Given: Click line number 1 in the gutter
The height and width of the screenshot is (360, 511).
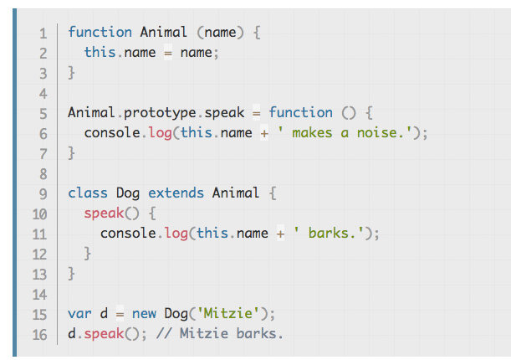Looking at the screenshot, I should click(x=42, y=33).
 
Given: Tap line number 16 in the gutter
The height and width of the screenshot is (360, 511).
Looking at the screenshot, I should click(x=39, y=335).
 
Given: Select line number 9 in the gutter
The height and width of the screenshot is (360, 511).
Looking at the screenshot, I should click(x=42, y=194).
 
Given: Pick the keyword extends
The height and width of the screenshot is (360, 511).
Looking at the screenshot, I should click(x=176, y=193).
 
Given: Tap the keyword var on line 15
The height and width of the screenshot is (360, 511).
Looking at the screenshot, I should click(x=79, y=314).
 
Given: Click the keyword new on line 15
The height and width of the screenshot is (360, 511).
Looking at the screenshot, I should click(x=144, y=314).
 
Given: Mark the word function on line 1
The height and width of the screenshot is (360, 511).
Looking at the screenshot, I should click(x=100, y=33).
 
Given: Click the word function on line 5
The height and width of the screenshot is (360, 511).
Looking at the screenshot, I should click(x=300, y=113).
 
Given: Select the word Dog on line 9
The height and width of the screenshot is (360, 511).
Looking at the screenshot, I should click(x=128, y=193).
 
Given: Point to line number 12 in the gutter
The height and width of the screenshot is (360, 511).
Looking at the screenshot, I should click(x=39, y=255).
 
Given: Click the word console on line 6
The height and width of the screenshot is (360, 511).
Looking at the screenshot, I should click(x=112, y=133).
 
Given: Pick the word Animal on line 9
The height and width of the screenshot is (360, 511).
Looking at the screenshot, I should click(x=236, y=193).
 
